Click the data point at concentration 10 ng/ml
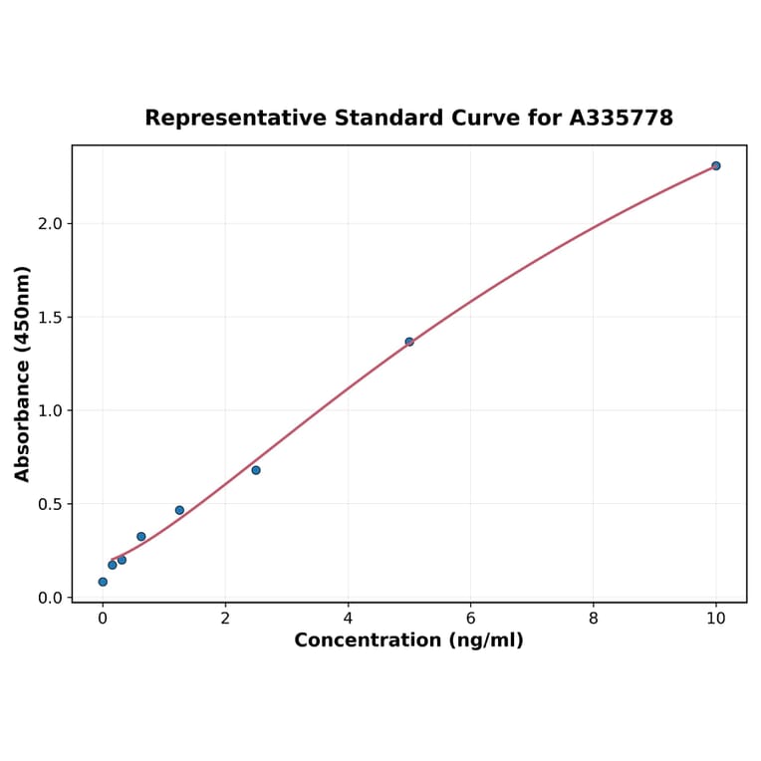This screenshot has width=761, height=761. point(715,165)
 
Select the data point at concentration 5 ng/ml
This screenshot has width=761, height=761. point(409,342)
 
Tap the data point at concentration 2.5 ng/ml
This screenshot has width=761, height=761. point(256,470)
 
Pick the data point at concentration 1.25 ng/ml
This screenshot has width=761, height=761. point(179,510)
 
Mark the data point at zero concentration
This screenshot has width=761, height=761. point(103,582)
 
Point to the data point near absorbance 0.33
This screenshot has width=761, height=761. point(141,537)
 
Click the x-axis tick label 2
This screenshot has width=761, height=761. point(225,618)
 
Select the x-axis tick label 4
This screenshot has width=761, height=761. point(348,618)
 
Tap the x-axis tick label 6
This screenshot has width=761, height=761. point(470,618)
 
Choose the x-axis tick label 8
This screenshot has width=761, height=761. point(594,618)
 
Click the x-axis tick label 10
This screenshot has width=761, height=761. point(715,618)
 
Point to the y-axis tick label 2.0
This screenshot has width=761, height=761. point(50,224)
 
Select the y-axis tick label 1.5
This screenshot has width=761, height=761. point(50,318)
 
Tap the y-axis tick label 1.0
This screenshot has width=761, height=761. point(50,410)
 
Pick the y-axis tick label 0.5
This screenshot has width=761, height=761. point(50,504)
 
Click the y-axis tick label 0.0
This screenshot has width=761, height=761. point(50,598)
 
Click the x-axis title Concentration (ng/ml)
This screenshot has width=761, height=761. point(408,640)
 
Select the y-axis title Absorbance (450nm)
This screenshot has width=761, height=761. point(23,374)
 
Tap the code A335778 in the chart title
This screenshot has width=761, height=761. point(622,119)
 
